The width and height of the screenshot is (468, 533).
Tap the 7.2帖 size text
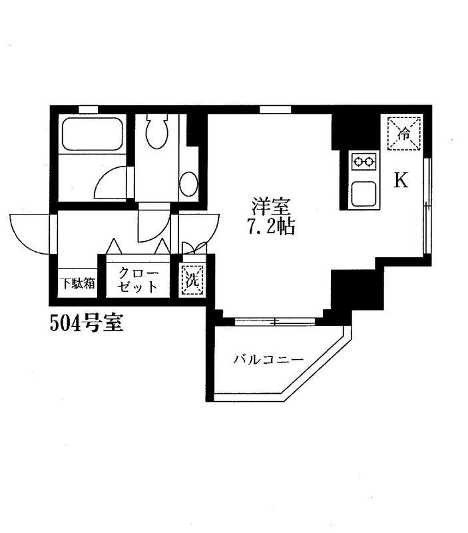click(270, 227)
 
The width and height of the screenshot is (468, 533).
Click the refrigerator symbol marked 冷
click(403, 133)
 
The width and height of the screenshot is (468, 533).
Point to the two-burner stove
click(363, 161)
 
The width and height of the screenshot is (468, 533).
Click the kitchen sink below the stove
click(363, 193)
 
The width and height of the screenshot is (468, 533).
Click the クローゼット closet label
click(138, 280)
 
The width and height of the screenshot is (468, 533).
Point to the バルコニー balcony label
click(268, 360)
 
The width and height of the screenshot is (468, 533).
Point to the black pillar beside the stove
click(346, 131)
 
